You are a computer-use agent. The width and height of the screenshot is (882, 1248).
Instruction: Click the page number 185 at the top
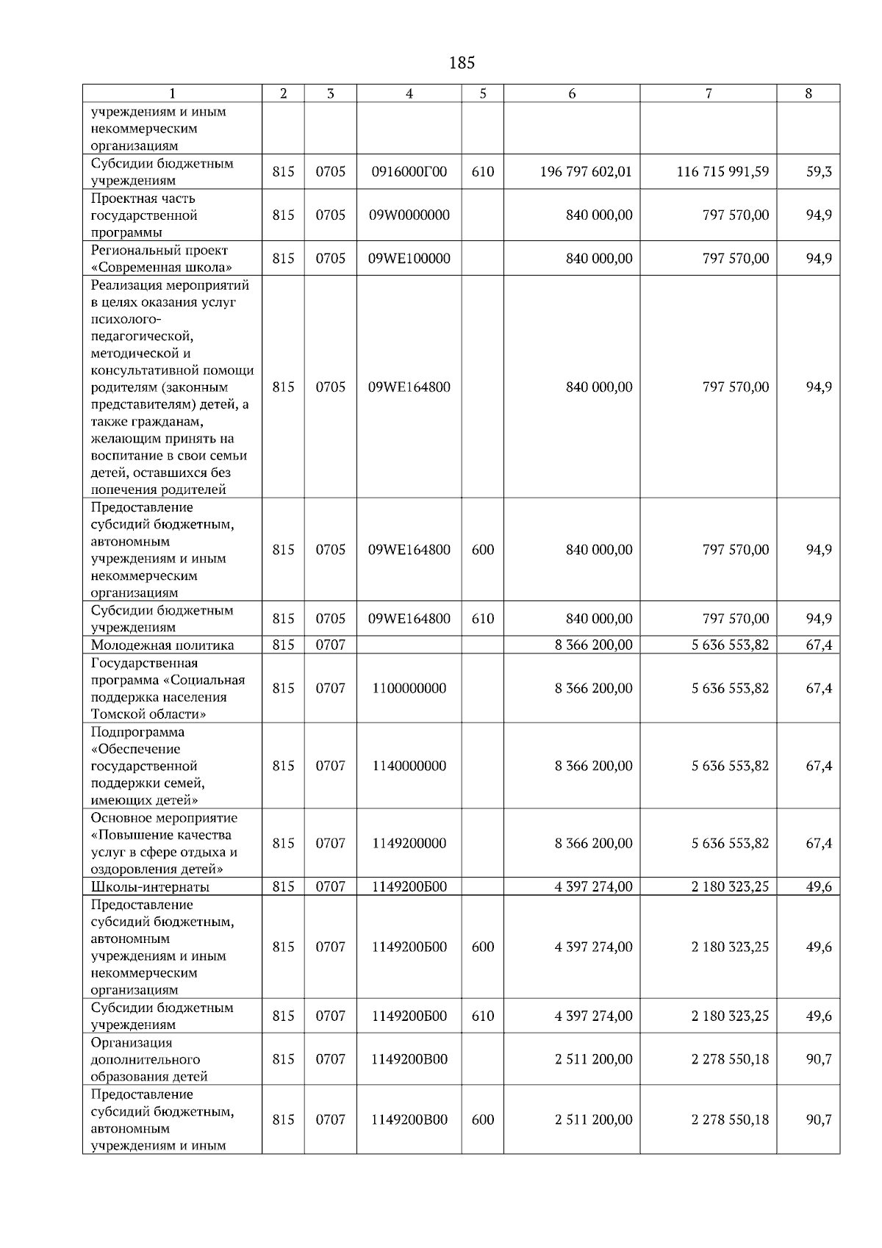pos(461,63)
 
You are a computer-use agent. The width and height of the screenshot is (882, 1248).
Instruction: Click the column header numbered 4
pos(409,93)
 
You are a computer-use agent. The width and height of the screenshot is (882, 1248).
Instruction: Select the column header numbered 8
pos(808,93)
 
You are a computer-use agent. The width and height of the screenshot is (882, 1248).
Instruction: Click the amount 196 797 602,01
pos(585,172)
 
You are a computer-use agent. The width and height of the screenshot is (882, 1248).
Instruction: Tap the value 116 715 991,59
pos(723,172)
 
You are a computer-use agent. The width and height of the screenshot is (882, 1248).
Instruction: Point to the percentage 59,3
pos(819,172)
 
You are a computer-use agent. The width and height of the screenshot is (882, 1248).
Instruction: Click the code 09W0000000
pos(409,215)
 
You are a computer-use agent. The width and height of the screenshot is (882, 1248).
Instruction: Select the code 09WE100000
pos(409,259)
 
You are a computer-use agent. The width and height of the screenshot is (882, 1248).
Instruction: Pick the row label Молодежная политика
pos(162,645)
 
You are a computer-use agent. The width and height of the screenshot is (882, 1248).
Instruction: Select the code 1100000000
pos(409,689)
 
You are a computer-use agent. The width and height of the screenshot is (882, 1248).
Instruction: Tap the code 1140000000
pos(409,766)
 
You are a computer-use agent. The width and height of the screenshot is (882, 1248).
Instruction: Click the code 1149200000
pos(409,844)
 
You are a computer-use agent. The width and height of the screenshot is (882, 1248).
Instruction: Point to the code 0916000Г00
pos(409,172)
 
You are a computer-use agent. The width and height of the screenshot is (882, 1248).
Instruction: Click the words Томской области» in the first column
pos(148,714)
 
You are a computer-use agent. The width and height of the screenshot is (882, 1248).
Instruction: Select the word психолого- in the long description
pos(126,320)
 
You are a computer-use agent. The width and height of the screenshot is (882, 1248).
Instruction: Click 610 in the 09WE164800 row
pos(482,619)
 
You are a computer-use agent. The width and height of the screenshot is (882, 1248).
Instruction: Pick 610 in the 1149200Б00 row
pos(482,1016)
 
